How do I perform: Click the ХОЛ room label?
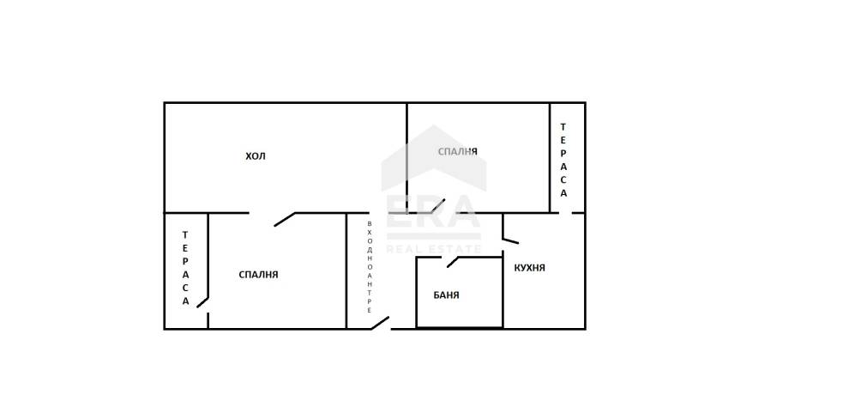[256, 156]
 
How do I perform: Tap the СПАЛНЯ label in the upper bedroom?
[458, 151]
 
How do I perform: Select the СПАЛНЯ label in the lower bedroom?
[258, 274]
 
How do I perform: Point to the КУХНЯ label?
[529, 268]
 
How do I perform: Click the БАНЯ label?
[446, 295]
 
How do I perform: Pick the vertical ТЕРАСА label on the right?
[563, 160]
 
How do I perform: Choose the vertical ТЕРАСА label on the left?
[186, 268]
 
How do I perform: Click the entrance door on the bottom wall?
[380, 324]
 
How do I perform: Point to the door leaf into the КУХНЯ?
[510, 240]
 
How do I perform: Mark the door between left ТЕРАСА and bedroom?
[203, 302]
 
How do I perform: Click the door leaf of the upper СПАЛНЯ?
[438, 206]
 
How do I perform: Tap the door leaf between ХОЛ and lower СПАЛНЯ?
[285, 219]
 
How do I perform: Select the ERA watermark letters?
[432, 211]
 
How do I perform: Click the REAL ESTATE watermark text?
[434, 249]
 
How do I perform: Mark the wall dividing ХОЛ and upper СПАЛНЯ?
[407, 158]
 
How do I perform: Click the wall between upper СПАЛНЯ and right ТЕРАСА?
[551, 158]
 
